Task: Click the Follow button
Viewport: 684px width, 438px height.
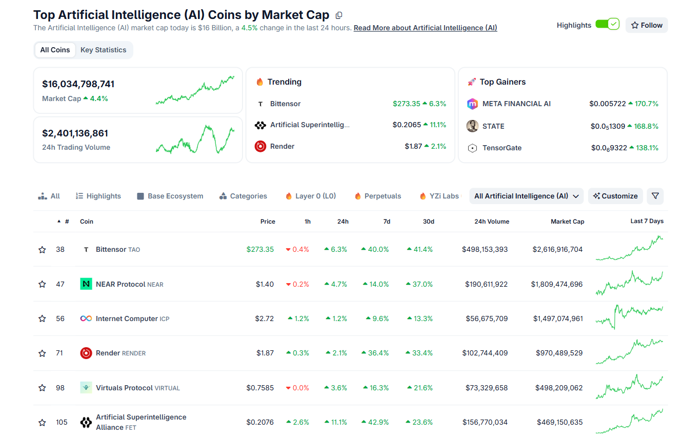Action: [x=647, y=25]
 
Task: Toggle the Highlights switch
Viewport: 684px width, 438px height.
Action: [x=608, y=25]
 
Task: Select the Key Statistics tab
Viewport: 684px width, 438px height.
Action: [x=103, y=50]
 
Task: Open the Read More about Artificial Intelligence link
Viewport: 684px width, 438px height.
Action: [x=425, y=28]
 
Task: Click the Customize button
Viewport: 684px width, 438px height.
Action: [x=615, y=196]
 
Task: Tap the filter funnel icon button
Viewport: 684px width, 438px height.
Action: [x=655, y=196]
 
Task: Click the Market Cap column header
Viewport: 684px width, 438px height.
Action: [x=567, y=222]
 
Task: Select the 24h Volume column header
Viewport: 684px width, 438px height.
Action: [x=492, y=222]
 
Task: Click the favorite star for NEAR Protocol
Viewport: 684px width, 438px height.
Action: [x=42, y=284]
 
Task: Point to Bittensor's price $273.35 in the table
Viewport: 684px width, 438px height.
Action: [x=260, y=249]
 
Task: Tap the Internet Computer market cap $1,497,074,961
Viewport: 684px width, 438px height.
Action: [x=558, y=318]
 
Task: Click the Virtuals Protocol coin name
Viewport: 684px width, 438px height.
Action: [x=125, y=388]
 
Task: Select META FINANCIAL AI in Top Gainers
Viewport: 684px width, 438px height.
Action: [x=516, y=104]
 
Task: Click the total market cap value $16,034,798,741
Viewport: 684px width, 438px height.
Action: [x=78, y=84]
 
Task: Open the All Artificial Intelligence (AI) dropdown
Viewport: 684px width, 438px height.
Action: [x=526, y=196]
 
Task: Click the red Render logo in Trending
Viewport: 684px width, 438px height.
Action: [x=260, y=146]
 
